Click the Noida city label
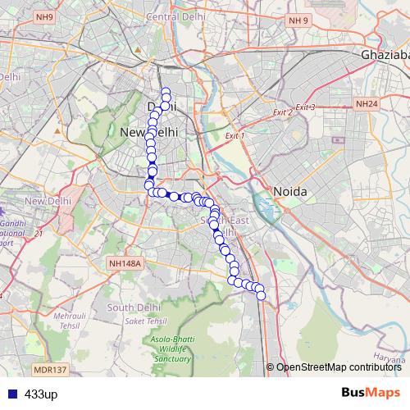point(289,191)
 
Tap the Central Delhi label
point(175,17)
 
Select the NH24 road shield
point(366,104)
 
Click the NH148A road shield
point(125,263)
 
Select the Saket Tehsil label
point(148,320)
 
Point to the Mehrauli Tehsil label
point(69,320)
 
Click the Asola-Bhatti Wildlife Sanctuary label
point(171,350)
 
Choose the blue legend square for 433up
point(11,394)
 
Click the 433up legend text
point(41,394)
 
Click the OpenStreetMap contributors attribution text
point(339,367)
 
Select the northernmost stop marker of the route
point(166,92)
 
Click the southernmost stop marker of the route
point(262,296)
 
